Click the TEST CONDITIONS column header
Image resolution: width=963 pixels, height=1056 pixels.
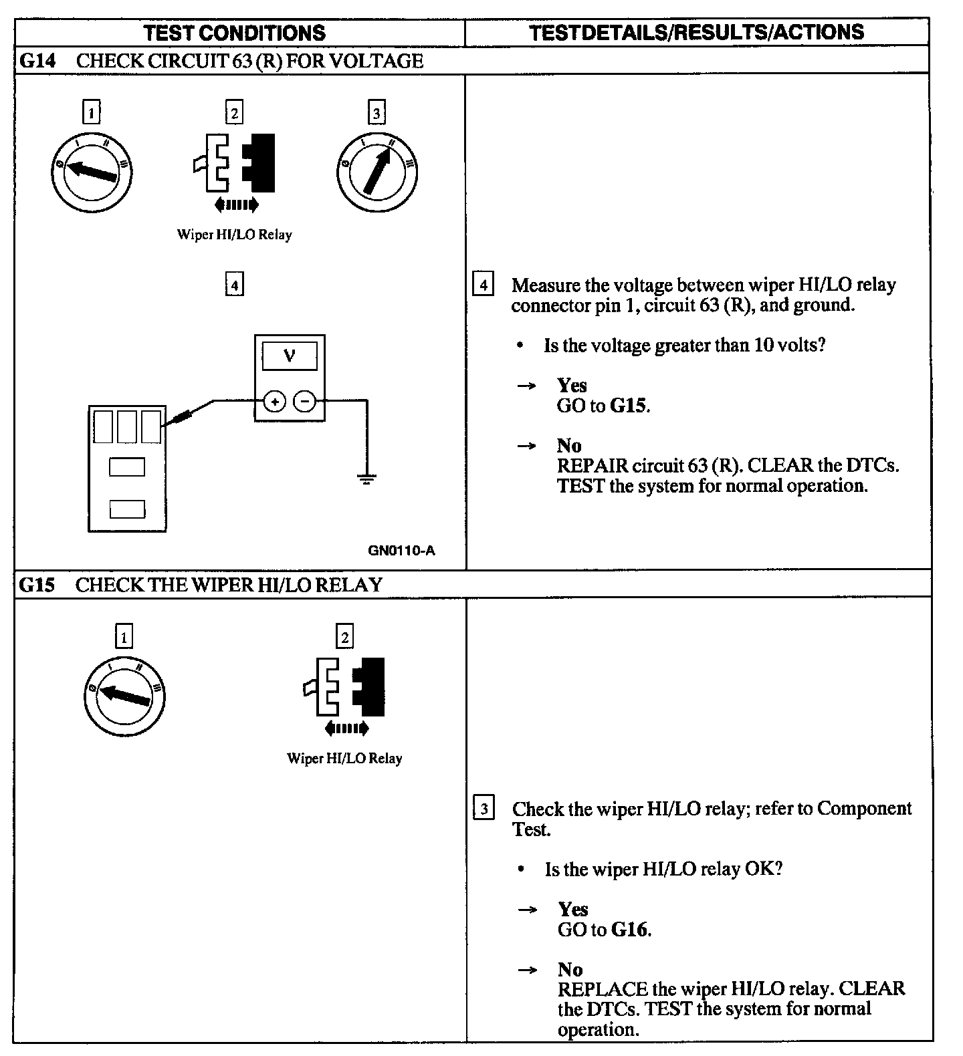tap(234, 32)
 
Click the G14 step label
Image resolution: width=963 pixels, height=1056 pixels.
tap(36, 61)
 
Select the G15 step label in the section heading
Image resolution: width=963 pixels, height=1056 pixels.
tap(36, 585)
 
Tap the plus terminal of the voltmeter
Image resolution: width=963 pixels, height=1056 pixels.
tap(274, 401)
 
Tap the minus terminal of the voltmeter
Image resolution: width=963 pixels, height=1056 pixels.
tap(304, 401)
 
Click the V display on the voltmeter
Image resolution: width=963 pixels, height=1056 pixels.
tap(290, 355)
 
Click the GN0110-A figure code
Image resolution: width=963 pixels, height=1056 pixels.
tap(401, 550)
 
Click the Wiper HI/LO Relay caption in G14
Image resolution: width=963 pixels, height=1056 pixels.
tap(234, 235)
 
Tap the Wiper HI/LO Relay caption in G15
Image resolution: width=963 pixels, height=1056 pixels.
tap(344, 759)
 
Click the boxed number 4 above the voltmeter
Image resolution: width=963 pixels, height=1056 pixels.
tap(234, 285)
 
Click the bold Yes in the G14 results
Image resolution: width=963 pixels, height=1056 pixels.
tap(572, 385)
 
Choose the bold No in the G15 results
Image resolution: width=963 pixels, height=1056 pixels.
tap(570, 969)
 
